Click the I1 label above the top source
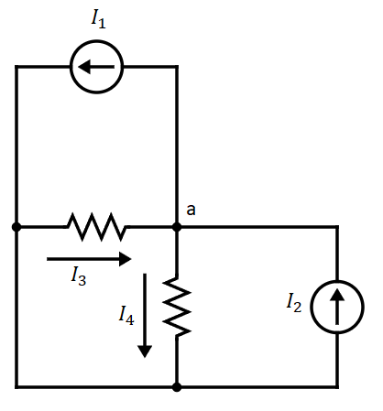click(x=97, y=20)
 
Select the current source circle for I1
click(x=97, y=67)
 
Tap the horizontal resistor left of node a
click(x=96, y=226)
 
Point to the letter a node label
click(x=191, y=210)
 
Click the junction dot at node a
click(x=177, y=226)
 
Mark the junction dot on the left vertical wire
click(x=16, y=226)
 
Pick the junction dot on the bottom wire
click(x=177, y=387)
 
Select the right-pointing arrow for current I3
click(x=89, y=259)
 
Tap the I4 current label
click(x=126, y=315)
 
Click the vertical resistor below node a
click(x=177, y=308)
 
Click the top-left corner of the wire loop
click(x=16, y=67)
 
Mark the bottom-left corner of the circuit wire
click(x=16, y=387)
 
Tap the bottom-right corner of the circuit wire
click(x=337, y=387)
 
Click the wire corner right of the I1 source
click(x=177, y=67)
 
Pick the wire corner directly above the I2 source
click(x=337, y=226)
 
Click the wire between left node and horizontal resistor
click(x=41, y=226)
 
